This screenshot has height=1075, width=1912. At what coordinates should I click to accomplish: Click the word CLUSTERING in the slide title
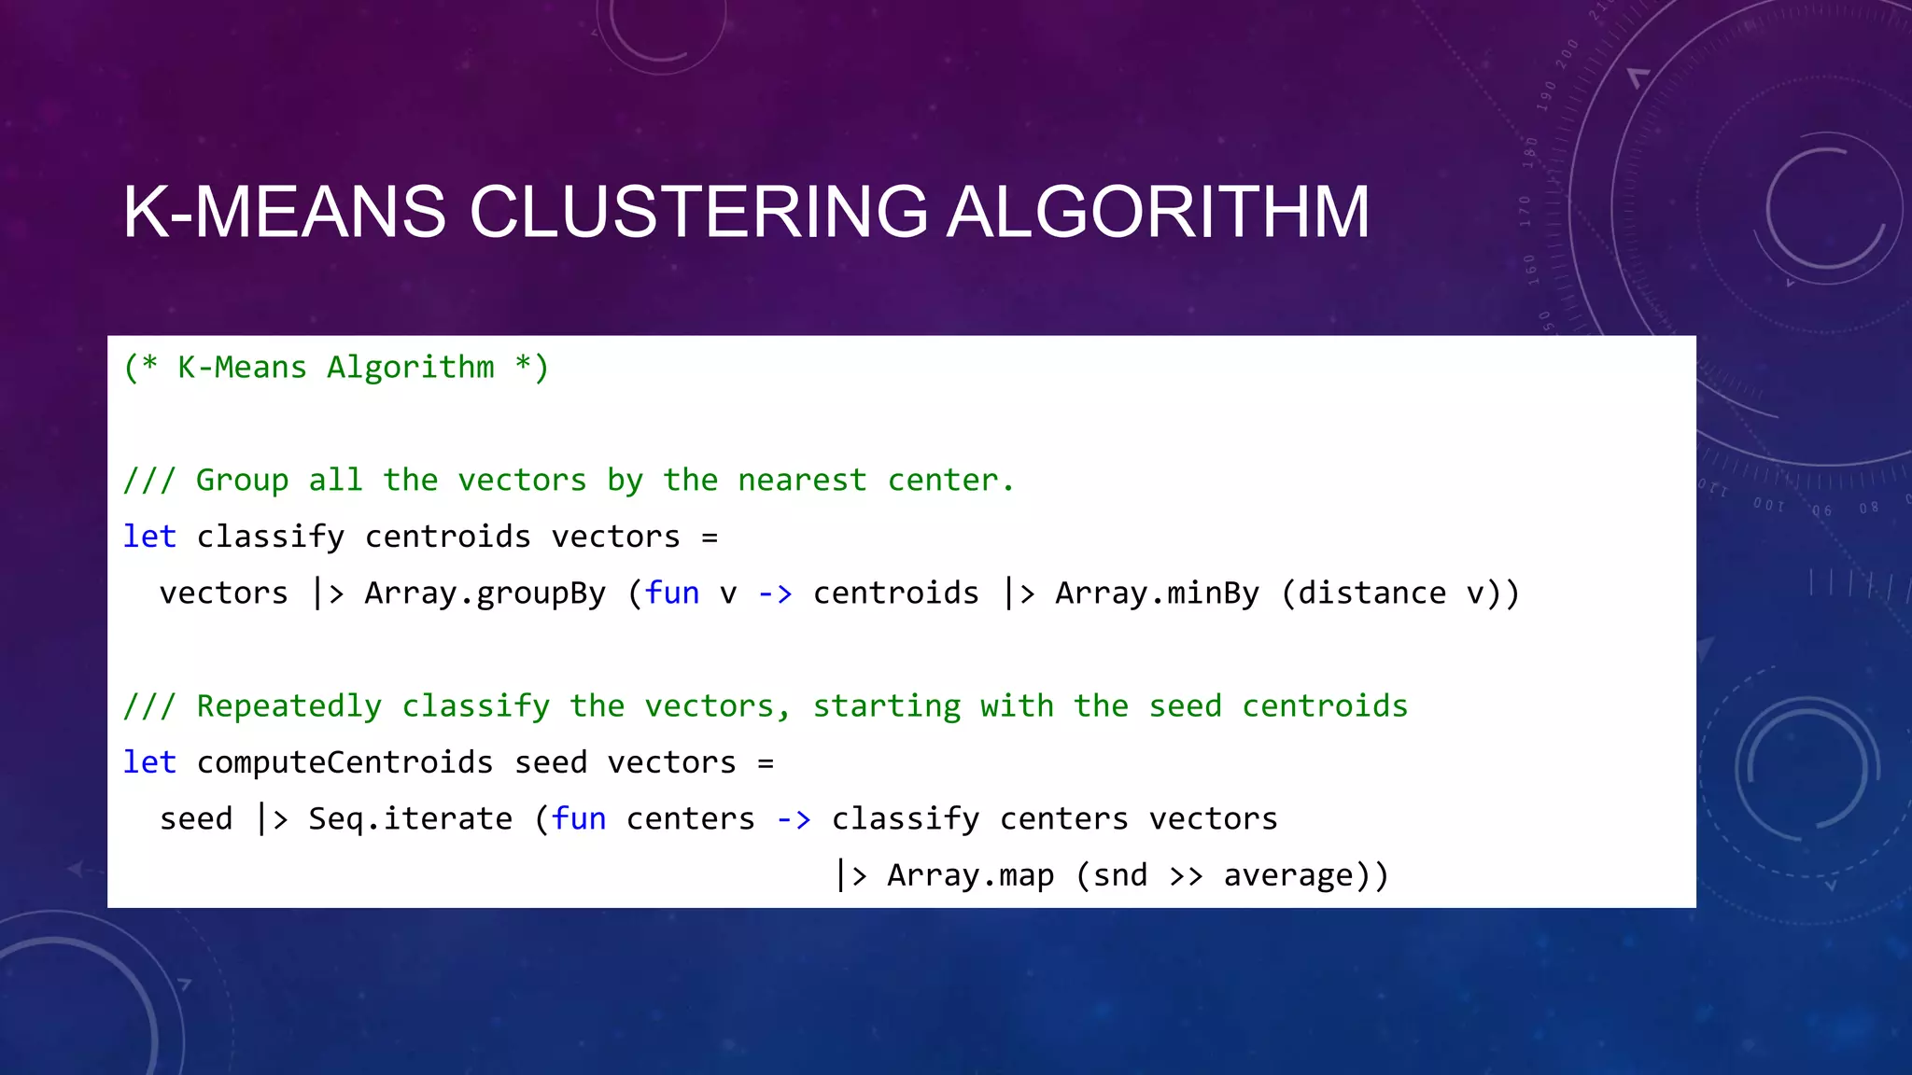coord(698,213)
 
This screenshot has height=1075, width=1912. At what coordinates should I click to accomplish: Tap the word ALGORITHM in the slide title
coord(1159,213)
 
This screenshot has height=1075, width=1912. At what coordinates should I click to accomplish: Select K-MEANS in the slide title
coord(285,213)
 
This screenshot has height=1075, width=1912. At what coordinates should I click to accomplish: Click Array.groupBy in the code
coord(485,593)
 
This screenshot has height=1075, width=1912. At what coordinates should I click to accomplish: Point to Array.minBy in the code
coord(1157,593)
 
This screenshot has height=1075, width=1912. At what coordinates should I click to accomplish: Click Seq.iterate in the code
coord(410,819)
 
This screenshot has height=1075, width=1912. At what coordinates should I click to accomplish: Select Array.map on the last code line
coord(970,875)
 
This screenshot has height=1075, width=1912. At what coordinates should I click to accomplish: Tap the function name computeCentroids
coord(344,762)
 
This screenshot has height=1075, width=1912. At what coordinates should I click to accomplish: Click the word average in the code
coord(1288,875)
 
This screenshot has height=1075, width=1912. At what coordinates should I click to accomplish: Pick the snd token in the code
coord(1120,875)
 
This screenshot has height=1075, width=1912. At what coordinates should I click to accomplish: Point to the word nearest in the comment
coord(802,481)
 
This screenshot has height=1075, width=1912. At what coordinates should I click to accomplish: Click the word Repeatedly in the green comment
coord(288,706)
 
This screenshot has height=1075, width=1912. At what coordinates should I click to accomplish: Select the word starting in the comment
coord(886,706)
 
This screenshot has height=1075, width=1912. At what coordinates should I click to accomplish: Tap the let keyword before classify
coord(149,537)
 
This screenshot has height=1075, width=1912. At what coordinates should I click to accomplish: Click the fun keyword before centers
coord(578,819)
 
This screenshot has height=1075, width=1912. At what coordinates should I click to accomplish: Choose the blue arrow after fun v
coord(774,593)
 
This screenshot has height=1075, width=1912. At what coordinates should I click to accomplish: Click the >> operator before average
coord(1186,875)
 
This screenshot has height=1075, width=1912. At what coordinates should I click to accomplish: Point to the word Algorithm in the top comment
coord(410,368)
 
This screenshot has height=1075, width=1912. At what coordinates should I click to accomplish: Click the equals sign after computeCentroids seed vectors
coord(766,763)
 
